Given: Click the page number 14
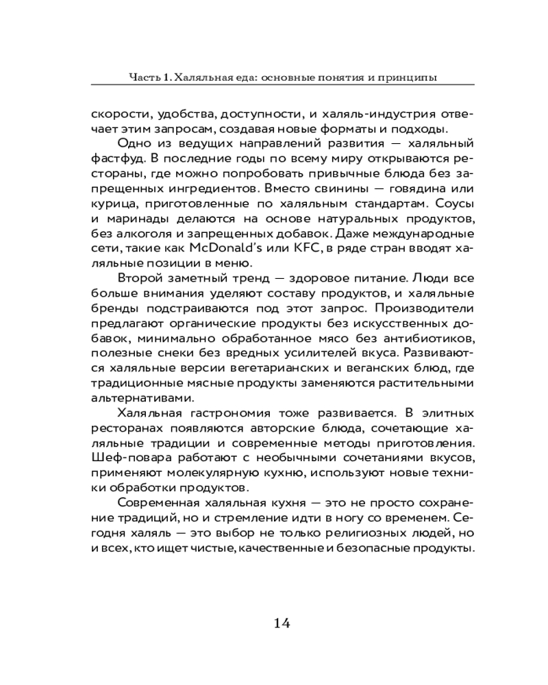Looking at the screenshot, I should click(282, 623).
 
